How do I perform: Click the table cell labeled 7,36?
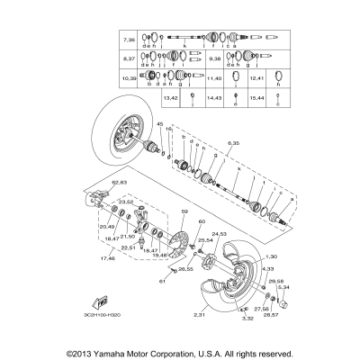pos(127,41)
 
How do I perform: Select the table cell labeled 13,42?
pos(171,95)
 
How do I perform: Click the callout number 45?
pos(159,123)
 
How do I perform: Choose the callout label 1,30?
pos(268,258)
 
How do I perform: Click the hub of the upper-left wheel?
pos(126,144)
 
